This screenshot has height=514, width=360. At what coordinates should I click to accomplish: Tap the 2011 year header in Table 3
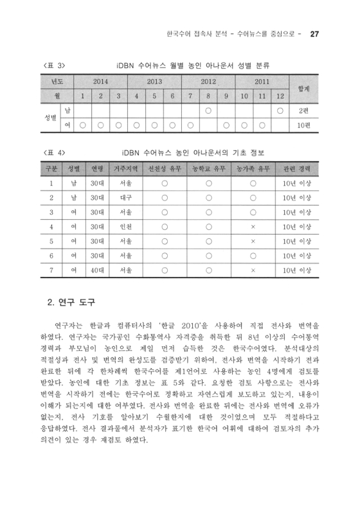pyautogui.click(x=261, y=82)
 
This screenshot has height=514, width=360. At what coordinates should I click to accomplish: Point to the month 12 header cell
pyautogui.click(x=280, y=96)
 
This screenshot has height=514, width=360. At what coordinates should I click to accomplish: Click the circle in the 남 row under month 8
pyautogui.click(x=208, y=111)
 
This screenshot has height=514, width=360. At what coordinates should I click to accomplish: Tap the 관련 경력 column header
pyautogui.click(x=296, y=169)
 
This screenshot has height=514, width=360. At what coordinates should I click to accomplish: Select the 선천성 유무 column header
pyautogui.click(x=165, y=169)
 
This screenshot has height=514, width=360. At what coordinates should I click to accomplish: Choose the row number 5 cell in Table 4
pyautogui.click(x=50, y=241)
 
